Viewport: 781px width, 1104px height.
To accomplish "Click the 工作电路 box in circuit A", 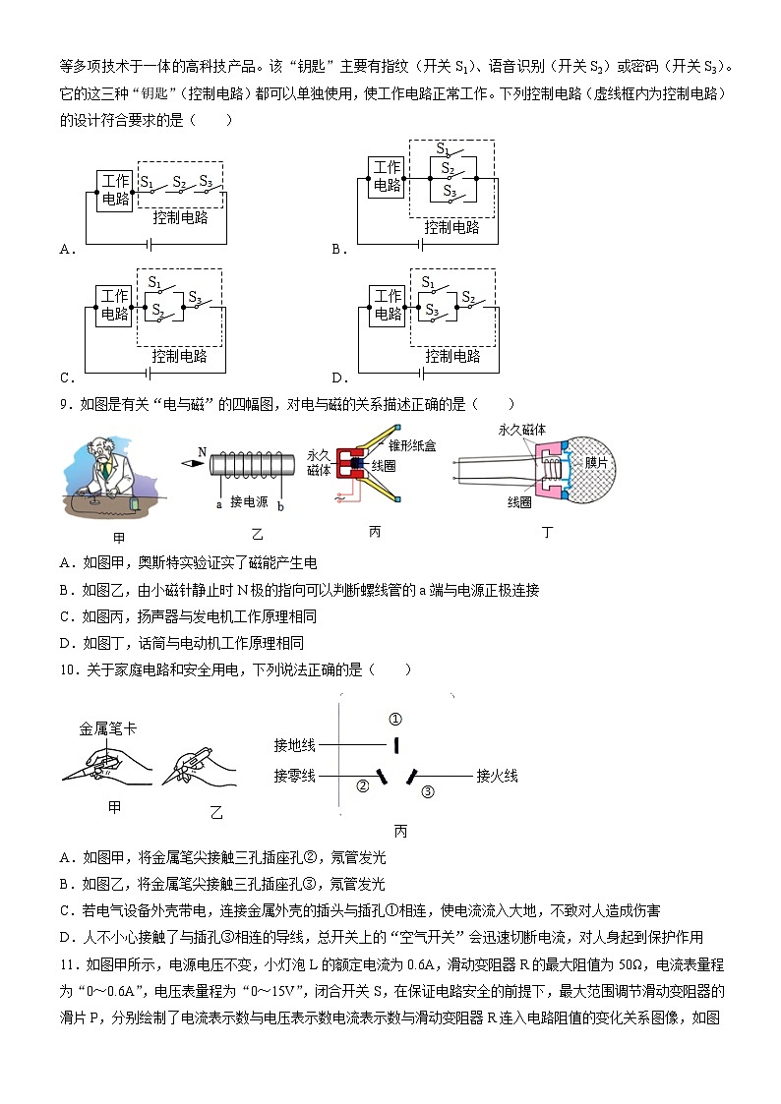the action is tap(115, 190).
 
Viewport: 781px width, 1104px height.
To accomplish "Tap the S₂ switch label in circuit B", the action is tap(448, 168).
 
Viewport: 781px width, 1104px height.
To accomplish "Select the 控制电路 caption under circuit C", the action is tap(180, 356).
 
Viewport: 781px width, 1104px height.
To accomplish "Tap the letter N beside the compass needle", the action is tap(202, 452).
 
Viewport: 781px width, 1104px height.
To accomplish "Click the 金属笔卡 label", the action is tap(108, 728).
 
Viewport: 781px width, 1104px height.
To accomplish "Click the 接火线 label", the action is tap(497, 776).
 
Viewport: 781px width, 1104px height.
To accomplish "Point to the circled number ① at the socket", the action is tap(395, 719).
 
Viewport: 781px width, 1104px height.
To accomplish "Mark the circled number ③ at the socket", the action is tap(427, 790).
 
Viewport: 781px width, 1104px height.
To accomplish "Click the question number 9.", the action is tap(65, 403).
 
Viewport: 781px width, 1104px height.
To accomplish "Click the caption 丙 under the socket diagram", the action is tap(399, 831).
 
